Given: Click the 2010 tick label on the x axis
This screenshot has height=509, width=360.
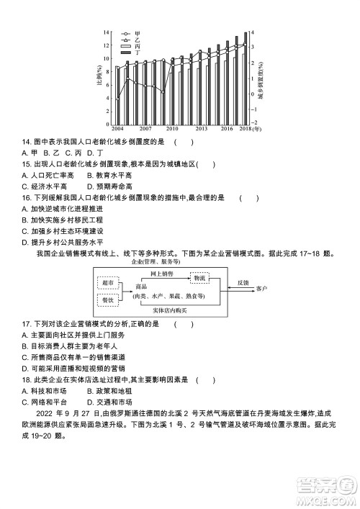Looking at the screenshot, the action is click(173, 128).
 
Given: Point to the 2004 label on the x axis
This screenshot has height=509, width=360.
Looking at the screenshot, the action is click(117, 128).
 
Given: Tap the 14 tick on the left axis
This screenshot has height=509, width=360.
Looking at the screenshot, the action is click(106, 33).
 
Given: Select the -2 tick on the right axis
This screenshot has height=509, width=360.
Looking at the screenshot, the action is click(253, 122).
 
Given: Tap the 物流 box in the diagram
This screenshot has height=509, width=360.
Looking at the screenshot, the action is click(199, 276).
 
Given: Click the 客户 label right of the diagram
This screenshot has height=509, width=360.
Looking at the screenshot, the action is click(261, 289).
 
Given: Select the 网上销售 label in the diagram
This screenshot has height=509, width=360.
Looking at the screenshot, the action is click(161, 274).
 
